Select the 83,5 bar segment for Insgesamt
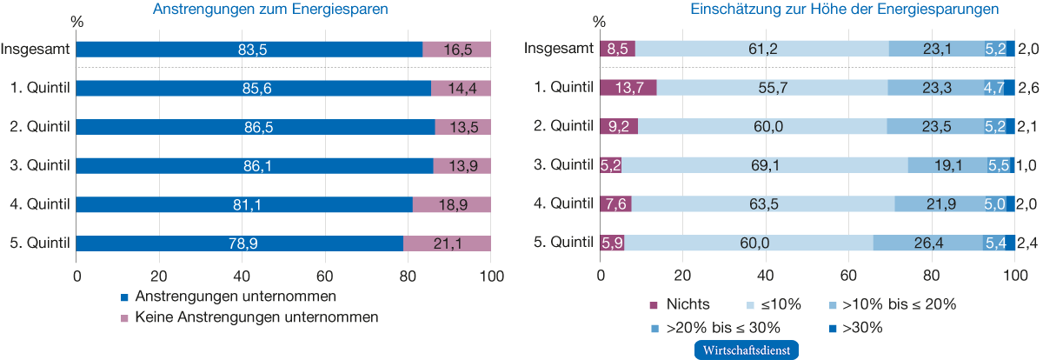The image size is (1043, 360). (249, 50)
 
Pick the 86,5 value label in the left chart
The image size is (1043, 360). (256, 127)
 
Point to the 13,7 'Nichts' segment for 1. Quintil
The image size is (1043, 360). (628, 88)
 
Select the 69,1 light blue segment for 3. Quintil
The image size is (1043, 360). (764, 165)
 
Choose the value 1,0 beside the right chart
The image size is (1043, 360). (1028, 165)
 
